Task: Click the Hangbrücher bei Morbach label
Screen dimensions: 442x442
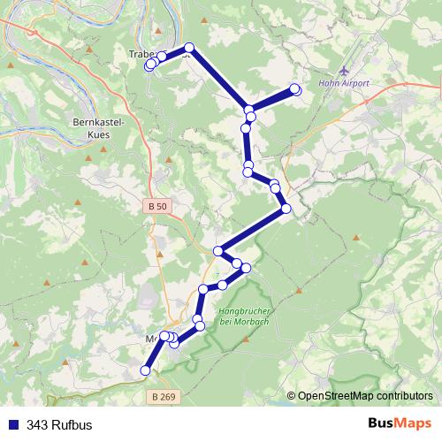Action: click(x=248, y=316)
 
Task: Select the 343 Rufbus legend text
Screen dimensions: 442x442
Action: click(x=59, y=424)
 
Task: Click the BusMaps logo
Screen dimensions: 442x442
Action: click(x=400, y=423)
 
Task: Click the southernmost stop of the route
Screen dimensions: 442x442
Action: click(x=146, y=371)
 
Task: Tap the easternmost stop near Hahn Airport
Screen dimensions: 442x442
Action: click(x=295, y=88)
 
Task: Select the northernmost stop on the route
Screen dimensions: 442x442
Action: click(x=189, y=48)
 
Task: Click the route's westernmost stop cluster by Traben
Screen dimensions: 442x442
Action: click(x=150, y=65)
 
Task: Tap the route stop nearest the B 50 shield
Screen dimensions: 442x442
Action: click(x=218, y=251)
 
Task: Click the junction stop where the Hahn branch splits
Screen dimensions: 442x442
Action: click(x=250, y=110)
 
